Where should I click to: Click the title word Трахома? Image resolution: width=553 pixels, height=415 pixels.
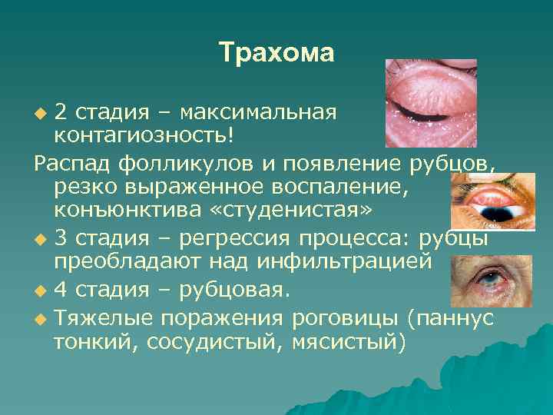[x=276, y=53]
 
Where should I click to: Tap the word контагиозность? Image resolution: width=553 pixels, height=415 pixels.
[x=143, y=135]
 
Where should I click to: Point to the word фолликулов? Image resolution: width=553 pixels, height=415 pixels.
[x=184, y=164]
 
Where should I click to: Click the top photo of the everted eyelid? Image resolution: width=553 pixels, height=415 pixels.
[x=430, y=102]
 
